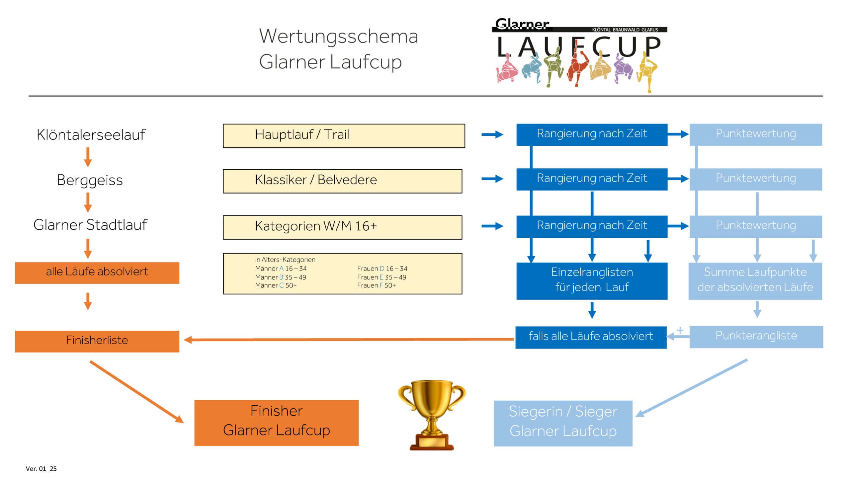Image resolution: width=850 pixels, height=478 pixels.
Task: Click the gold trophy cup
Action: point(431,415)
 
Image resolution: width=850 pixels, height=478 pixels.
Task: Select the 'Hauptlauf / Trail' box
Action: point(344,136)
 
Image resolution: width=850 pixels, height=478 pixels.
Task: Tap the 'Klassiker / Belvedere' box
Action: point(342,181)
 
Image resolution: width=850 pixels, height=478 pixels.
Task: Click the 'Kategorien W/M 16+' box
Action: point(342,227)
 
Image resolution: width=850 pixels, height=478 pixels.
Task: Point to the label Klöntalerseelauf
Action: point(91,135)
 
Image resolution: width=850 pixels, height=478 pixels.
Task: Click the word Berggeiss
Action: point(90,180)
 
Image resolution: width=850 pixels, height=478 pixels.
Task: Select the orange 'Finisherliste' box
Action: point(97,341)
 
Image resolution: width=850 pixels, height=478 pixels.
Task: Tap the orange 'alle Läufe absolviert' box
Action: point(97,273)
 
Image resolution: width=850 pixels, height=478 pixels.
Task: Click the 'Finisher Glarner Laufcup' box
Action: point(276,423)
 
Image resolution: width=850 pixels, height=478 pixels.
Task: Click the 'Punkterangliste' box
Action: point(756,337)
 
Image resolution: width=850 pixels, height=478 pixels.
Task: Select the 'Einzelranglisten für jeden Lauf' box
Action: point(592,280)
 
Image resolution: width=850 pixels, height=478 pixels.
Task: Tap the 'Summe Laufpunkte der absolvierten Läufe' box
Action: point(755,280)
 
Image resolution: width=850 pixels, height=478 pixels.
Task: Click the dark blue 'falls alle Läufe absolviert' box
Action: point(591,337)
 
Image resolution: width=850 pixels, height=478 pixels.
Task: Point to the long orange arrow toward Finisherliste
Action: point(349,339)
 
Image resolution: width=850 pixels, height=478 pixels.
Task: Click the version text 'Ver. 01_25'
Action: point(41,469)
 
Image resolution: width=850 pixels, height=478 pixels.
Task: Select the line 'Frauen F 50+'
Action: point(376,285)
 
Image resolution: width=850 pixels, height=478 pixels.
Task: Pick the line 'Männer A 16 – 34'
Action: point(281,269)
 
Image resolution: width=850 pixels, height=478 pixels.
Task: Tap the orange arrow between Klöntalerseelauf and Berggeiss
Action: point(88,157)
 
